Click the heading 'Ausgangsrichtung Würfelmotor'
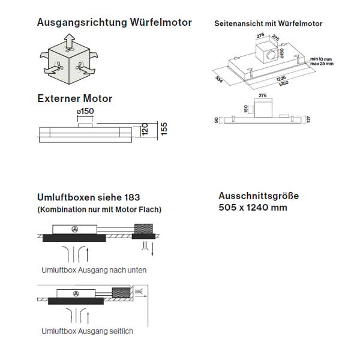tap(114, 23)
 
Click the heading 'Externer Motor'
tap(74, 98)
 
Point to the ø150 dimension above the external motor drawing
tap(86, 111)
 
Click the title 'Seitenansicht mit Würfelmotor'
tap(268, 24)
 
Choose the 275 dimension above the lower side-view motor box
tap(262, 95)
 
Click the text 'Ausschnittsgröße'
tap(259, 196)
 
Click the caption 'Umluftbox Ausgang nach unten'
tap(94, 270)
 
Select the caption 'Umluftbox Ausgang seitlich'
tap(88, 331)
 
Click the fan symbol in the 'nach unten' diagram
tap(76, 229)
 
